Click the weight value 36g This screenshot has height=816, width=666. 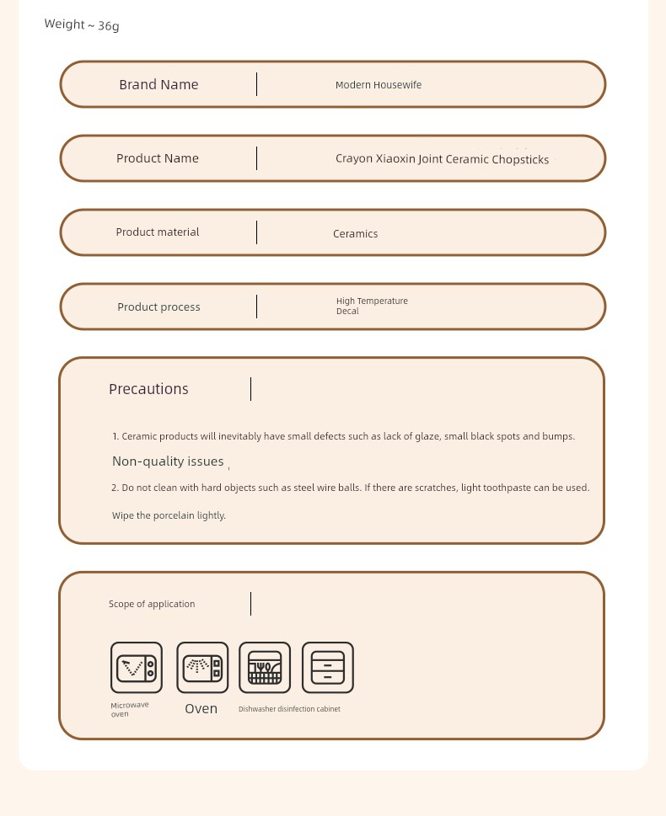pos(109,25)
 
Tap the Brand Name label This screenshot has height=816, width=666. pos(158,84)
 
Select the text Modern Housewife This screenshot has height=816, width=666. pos(379,85)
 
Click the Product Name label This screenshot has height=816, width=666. pos(158,158)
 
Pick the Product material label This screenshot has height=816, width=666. pos(158,232)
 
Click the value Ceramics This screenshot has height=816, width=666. pos(355,234)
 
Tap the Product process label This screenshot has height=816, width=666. pos(158,307)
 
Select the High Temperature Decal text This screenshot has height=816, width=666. pos(372,306)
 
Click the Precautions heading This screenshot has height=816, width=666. pos(148,389)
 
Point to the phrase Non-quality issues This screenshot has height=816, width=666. pos(168,461)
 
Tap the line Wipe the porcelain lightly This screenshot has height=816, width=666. pos(169,515)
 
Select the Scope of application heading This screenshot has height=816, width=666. pos(152,604)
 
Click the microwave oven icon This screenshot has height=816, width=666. pos(136,668)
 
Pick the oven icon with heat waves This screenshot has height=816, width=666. pos(202,668)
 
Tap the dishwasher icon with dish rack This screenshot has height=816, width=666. pos(265,668)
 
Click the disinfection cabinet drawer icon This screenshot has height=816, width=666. pos(328,668)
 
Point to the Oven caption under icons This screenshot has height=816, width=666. pos(201,709)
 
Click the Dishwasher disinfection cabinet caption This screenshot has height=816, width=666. pos(289,709)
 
